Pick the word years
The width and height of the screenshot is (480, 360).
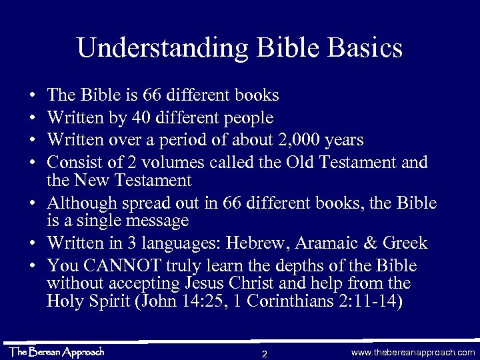point(341,140)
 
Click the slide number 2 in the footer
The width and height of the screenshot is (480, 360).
point(265,353)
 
